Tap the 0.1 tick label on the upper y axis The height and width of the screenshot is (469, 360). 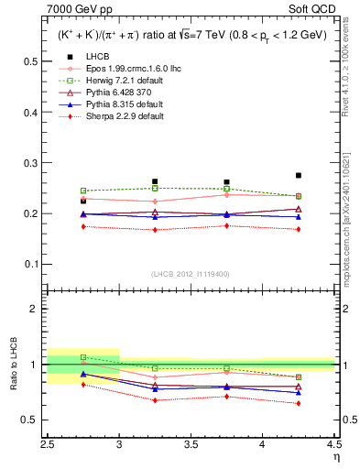(x=29, y=264)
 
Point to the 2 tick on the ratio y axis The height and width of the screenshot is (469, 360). (x=35, y=309)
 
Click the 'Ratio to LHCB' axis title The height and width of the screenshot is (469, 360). (x=13, y=364)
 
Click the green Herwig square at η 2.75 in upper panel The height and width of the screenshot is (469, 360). (x=83, y=191)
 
